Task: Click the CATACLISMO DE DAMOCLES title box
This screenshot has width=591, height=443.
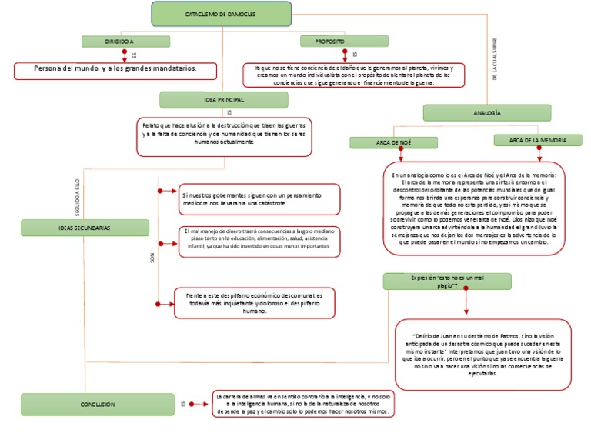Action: [x=222, y=15]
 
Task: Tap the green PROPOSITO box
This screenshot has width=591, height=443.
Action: [x=329, y=41]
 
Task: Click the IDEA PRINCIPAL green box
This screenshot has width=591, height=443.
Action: [x=223, y=100]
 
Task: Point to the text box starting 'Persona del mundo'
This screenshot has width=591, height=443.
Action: [x=115, y=70]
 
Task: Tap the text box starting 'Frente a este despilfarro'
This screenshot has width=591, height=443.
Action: [x=259, y=303]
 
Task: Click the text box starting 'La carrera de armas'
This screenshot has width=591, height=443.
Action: [x=305, y=404]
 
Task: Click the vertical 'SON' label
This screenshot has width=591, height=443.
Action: [x=152, y=259]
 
